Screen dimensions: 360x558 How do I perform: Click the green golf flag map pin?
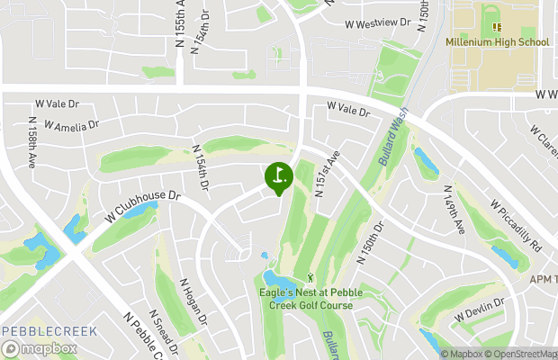point(278,175)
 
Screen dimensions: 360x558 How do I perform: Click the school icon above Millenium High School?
point(497,27)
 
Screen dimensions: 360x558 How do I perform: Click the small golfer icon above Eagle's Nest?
point(311,277)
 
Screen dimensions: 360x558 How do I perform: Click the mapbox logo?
point(40,348)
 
